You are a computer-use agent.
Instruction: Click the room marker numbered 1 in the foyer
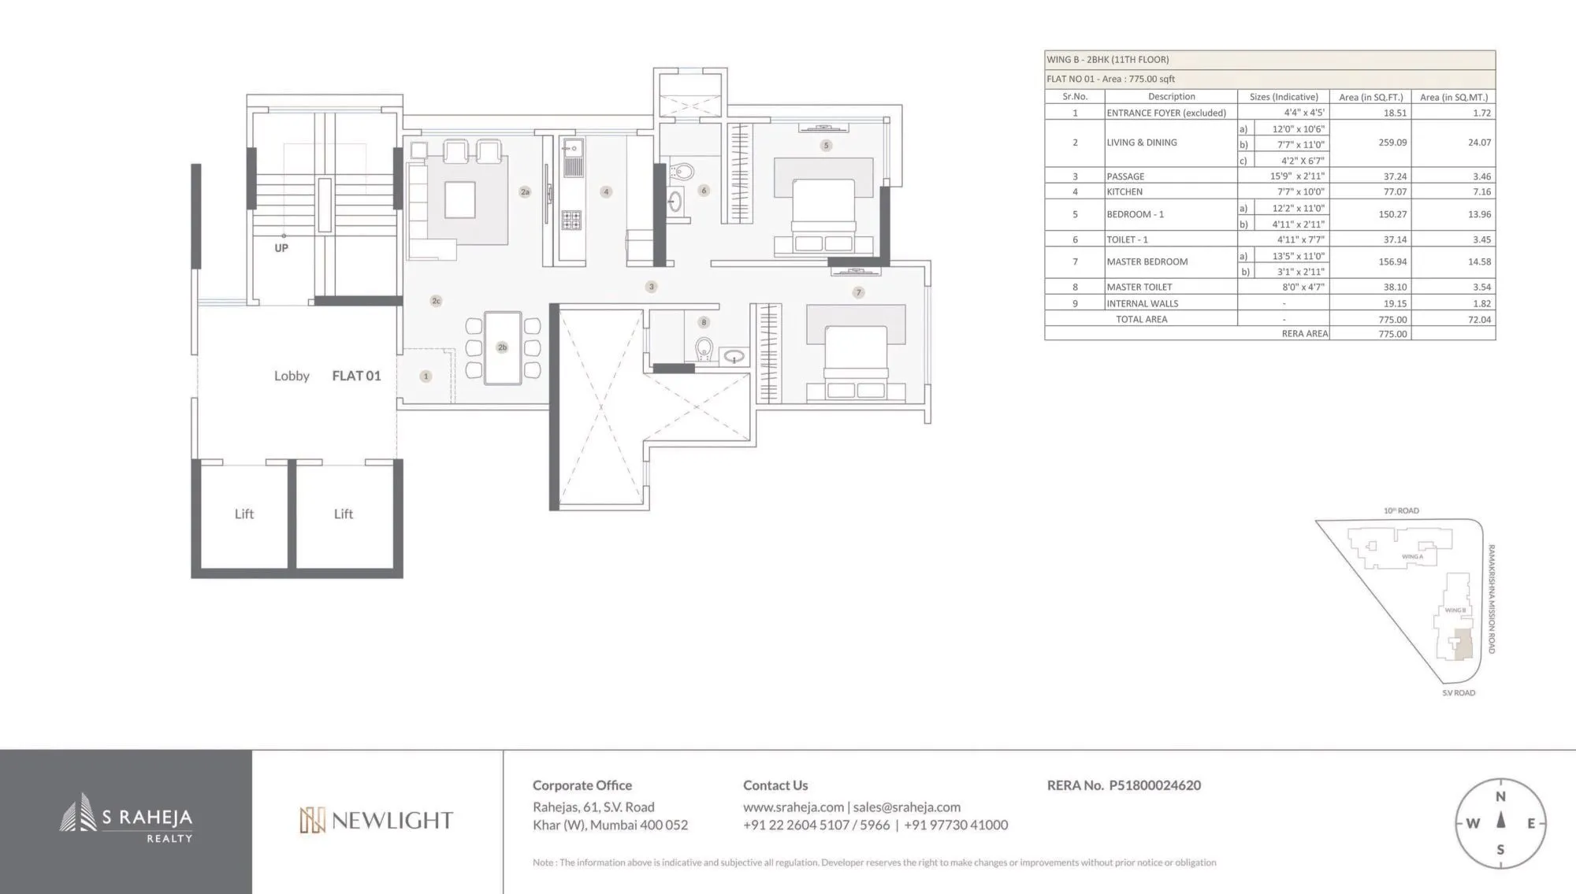tap(426, 377)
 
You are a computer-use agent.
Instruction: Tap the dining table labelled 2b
tap(502, 347)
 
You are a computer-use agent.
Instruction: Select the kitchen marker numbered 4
tap(606, 191)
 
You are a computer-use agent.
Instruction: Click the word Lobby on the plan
tap(292, 377)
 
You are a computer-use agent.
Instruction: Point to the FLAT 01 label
tap(356, 377)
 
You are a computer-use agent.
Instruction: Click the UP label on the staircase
tap(281, 248)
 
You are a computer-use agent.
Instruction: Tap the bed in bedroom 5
tap(823, 209)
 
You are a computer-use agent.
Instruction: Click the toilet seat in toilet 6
tap(683, 172)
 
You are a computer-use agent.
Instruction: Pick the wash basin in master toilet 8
tap(734, 357)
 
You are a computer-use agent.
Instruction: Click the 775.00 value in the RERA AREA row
tap(1392, 334)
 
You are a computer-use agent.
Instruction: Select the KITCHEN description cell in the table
tap(1124, 191)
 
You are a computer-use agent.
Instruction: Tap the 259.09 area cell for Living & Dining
tap(1392, 143)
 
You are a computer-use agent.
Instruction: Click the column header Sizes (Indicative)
tap(1284, 97)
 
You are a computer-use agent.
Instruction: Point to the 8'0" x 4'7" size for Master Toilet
tap(1303, 287)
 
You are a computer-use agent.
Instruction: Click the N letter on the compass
tap(1500, 797)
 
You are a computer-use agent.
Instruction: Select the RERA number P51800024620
tap(1154, 785)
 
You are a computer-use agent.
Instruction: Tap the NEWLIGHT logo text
tap(392, 821)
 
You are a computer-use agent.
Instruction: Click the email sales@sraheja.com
tap(906, 807)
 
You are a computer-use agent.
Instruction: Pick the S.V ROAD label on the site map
tap(1459, 693)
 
